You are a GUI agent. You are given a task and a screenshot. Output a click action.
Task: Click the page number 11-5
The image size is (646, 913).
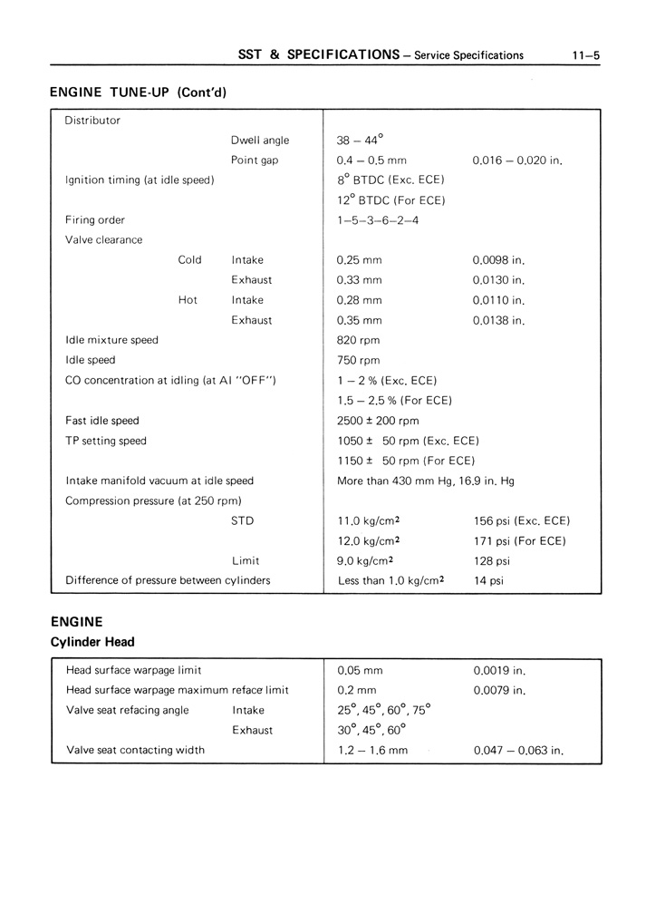(586, 55)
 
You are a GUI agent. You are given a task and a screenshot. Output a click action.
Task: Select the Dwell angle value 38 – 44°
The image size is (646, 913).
(360, 141)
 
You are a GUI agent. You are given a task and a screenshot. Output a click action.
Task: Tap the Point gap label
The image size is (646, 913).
(255, 160)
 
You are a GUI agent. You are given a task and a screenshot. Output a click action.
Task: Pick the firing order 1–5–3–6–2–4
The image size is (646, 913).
(377, 220)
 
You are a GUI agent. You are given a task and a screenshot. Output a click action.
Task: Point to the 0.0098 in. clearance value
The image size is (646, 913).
(498, 260)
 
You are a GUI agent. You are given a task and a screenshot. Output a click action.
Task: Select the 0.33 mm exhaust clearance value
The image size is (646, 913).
(359, 280)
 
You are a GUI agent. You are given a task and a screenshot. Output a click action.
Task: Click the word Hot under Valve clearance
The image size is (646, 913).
(188, 300)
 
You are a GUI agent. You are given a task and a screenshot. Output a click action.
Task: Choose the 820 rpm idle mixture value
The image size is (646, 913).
(358, 340)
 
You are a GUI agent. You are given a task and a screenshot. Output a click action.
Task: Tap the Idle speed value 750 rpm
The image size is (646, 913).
(358, 360)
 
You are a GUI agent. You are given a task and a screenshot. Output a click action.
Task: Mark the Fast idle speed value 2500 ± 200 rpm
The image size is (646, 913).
(378, 421)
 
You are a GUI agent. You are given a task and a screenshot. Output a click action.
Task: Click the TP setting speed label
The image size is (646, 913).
(105, 441)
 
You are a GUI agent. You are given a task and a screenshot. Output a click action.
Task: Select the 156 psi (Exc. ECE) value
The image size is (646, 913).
(521, 520)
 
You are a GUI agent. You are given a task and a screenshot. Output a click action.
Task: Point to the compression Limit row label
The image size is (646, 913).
(246, 561)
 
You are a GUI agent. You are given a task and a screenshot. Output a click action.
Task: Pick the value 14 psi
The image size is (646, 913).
(488, 581)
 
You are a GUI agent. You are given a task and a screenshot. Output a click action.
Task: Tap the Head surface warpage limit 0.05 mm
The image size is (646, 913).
(359, 671)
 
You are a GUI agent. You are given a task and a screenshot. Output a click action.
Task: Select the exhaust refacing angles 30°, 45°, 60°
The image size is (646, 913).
(371, 730)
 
